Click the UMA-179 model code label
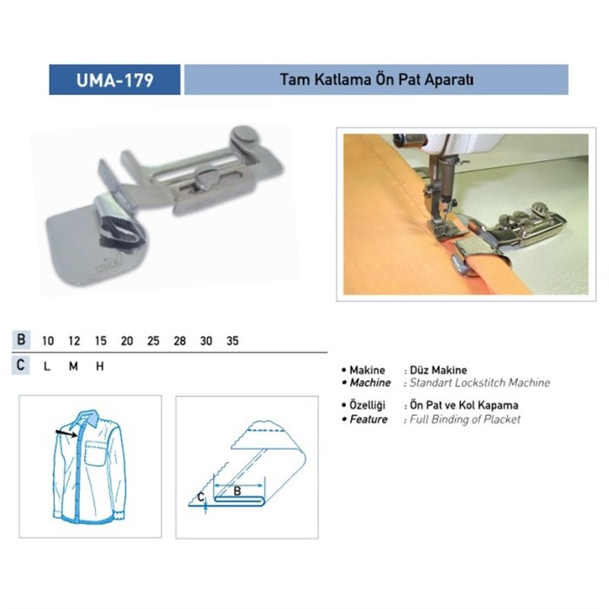coord(115,80)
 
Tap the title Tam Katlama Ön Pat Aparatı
coord(376,80)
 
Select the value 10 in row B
coord(48,341)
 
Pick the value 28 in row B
coord(180,341)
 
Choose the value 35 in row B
coord(232,341)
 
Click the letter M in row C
coord(73,366)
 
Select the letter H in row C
coord(100,366)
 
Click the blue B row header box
coord(21,340)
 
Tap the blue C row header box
coord(21,365)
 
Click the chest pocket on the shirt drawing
coord(95,453)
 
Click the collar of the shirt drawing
coord(88,418)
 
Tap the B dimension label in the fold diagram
coord(238,491)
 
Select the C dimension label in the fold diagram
coord(200,497)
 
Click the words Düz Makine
coord(438,370)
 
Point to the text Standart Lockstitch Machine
coord(480,383)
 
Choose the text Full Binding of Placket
coord(465,419)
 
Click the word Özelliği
coord(368,406)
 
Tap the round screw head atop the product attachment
coord(244,134)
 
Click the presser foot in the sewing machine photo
coord(447,230)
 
